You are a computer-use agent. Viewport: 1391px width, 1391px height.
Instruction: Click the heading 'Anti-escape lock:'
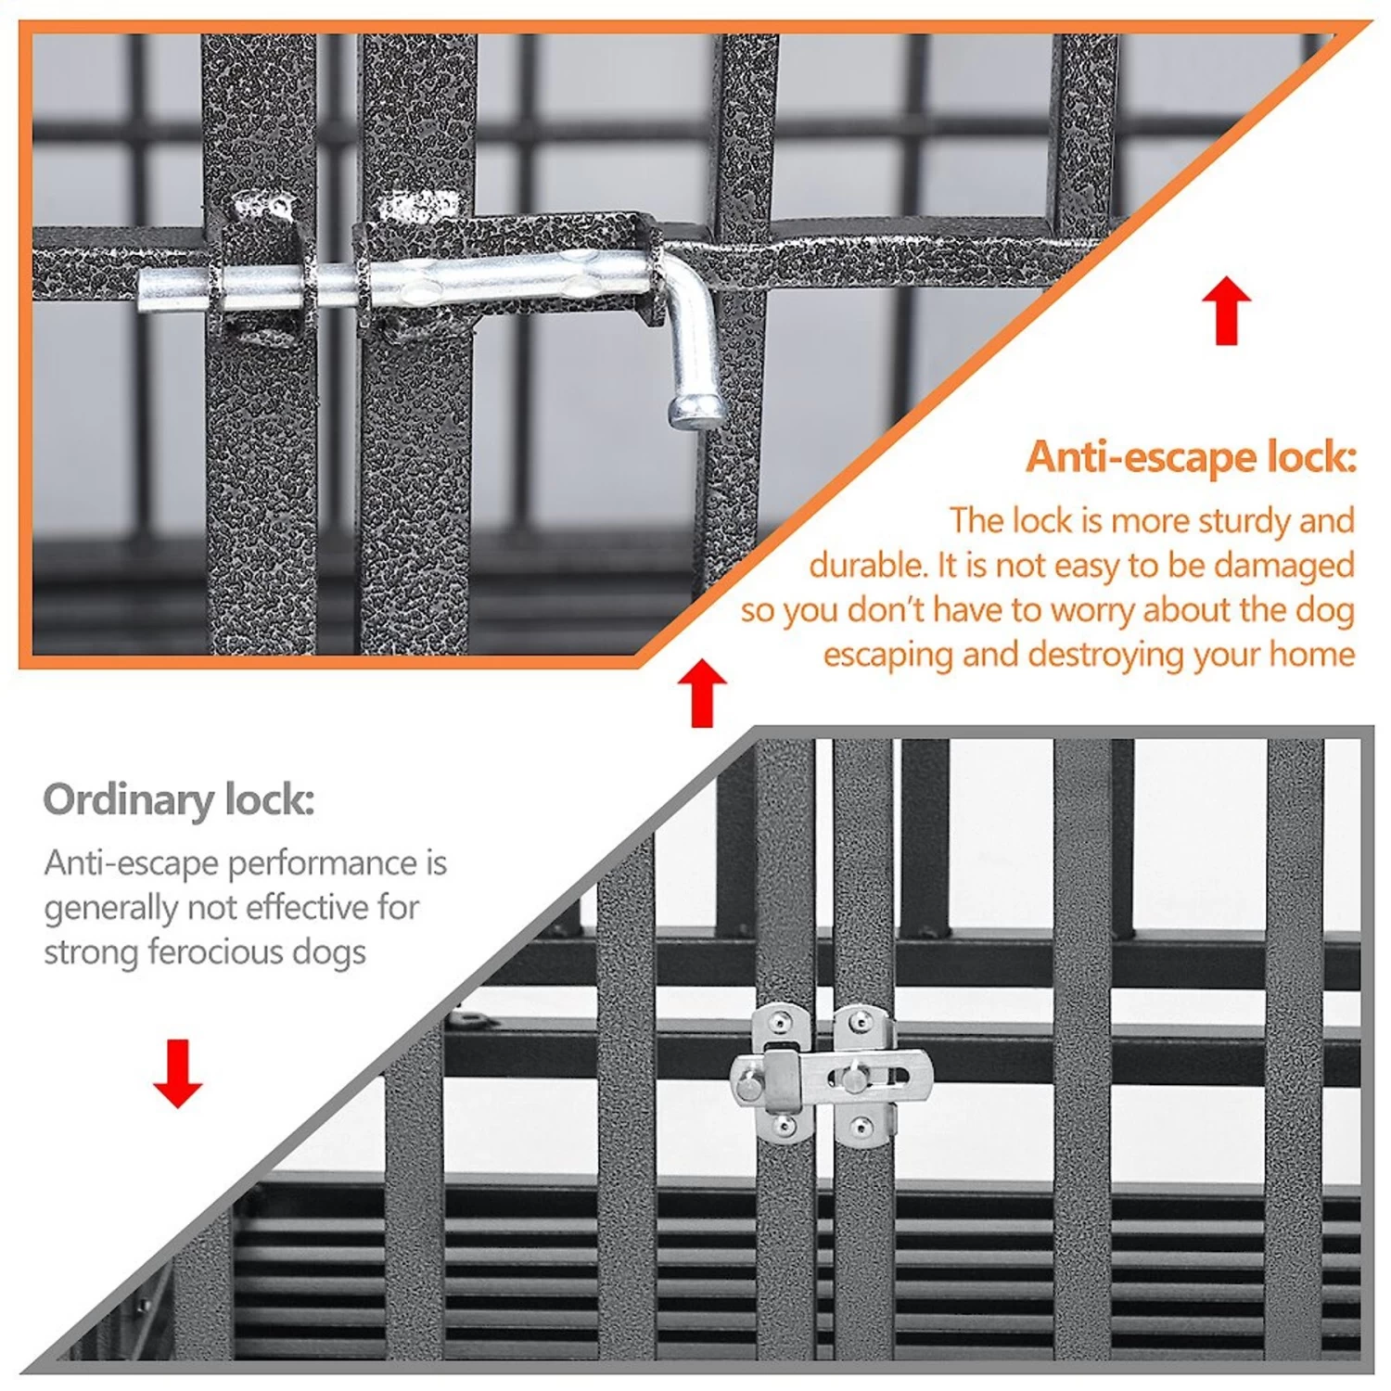tap(1191, 458)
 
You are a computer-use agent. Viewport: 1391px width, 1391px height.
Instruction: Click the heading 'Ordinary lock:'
tap(179, 799)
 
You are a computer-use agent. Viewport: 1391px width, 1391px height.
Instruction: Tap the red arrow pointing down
tap(177, 1074)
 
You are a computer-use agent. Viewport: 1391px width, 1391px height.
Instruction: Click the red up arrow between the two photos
tap(702, 693)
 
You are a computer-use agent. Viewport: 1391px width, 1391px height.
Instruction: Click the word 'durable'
tap(866, 565)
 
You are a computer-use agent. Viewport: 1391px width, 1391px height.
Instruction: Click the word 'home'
tap(1312, 655)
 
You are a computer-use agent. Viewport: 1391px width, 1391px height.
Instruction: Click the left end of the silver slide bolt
tap(147, 289)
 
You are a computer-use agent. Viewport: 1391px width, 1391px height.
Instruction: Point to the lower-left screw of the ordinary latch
tap(784, 1128)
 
